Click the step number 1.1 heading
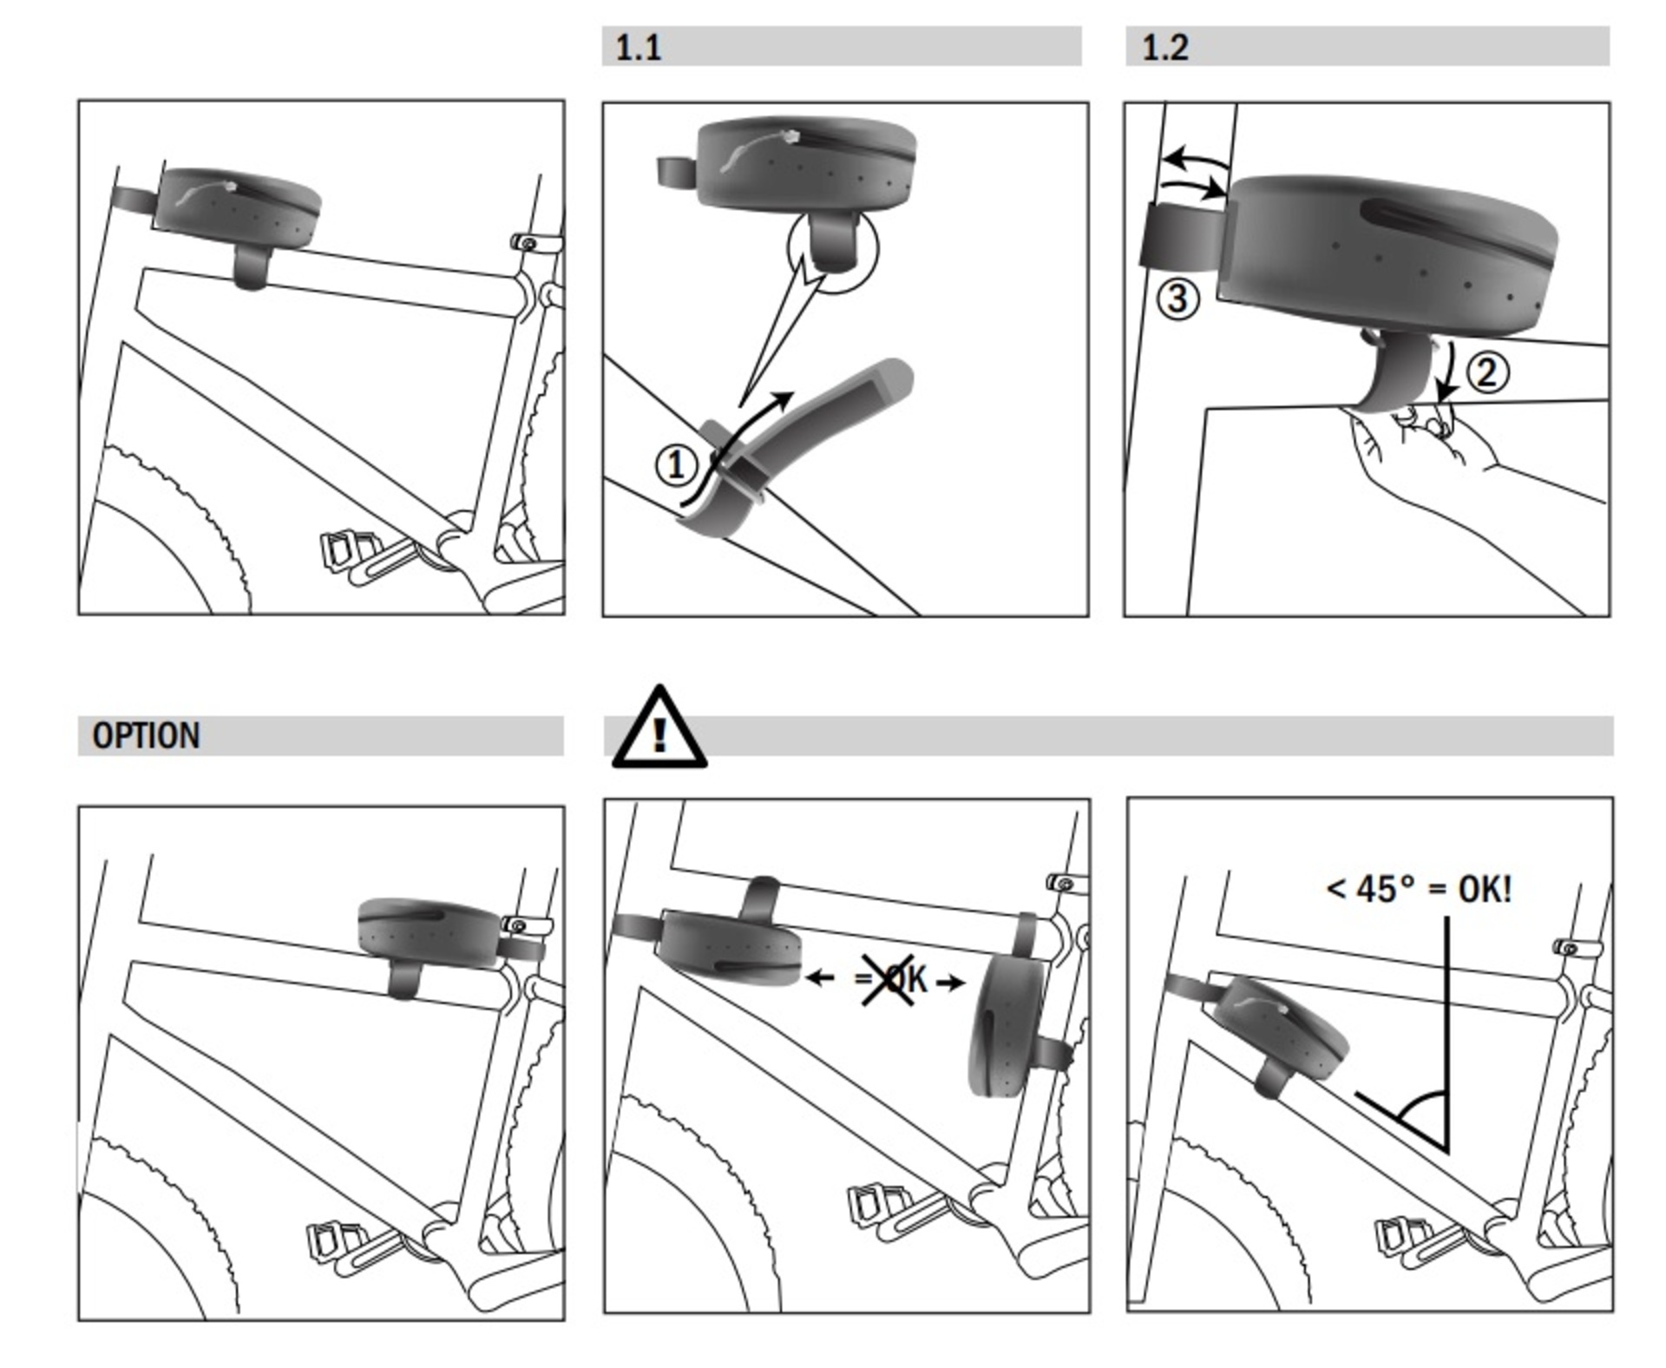(x=638, y=47)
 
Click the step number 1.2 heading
(x=1164, y=47)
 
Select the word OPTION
(x=146, y=735)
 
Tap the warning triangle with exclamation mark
(x=659, y=731)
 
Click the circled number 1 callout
(x=675, y=465)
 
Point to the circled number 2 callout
(x=1487, y=372)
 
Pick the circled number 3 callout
(x=1177, y=299)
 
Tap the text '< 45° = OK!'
(x=1419, y=889)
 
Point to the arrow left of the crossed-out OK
(x=820, y=979)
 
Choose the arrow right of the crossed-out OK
(x=951, y=983)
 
